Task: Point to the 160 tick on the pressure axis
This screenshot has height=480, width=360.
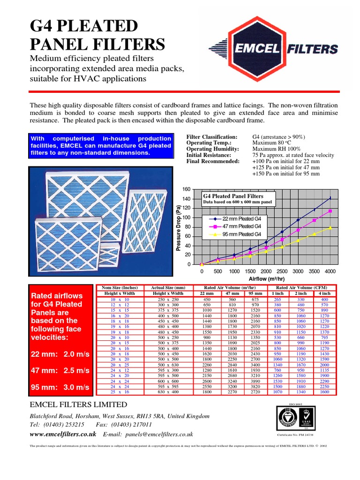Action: tap(187, 189)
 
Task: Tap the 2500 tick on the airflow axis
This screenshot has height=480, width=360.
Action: tap(282, 271)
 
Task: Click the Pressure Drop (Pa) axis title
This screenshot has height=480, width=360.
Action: tap(179, 227)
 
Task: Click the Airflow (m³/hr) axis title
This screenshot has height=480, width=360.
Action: tap(266, 278)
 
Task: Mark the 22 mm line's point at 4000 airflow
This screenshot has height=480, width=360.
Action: tap(330, 198)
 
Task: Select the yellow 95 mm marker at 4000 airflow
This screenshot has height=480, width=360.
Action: tap(330, 228)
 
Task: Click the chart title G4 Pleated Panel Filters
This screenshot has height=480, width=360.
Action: tap(232, 196)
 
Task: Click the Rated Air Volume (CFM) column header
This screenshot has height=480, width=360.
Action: tap(302, 287)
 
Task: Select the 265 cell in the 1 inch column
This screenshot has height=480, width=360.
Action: tap(277, 299)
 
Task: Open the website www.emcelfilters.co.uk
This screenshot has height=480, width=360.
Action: tap(63, 435)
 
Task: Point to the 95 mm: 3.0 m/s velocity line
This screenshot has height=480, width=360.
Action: tap(60, 387)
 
